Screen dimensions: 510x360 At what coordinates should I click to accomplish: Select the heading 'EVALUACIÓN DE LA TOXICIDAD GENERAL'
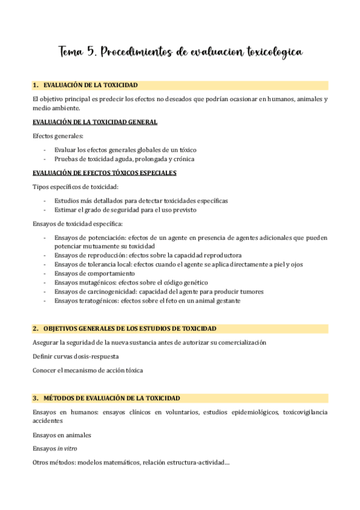pyautogui.click(x=95, y=122)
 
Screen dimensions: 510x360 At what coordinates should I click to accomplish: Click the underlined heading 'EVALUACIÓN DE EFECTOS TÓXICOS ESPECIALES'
pyautogui.click(x=105, y=173)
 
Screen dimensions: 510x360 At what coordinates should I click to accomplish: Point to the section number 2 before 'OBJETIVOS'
pyautogui.click(x=35, y=328)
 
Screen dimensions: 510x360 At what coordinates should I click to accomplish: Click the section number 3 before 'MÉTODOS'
pyautogui.click(x=35, y=398)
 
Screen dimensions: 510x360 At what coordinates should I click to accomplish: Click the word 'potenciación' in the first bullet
pyautogui.click(x=102, y=238)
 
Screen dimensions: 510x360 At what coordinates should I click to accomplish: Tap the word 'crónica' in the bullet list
pyautogui.click(x=184, y=159)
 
